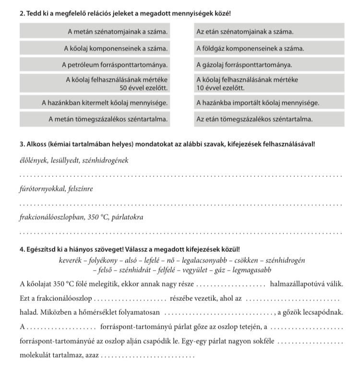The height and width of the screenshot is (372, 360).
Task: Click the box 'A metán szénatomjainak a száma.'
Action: pos(96,32)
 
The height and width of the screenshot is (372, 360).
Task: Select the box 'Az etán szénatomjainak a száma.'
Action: pos(269,32)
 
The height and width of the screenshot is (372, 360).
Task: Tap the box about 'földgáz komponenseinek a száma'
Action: pos(269,49)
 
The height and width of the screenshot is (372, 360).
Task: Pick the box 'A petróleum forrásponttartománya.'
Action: pos(96,64)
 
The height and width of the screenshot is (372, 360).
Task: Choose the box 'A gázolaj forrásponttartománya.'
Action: pos(269,64)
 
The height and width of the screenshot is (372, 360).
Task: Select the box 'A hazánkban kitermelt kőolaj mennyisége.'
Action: pos(96,102)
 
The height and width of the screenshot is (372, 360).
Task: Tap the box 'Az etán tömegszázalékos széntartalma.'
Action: pos(269,118)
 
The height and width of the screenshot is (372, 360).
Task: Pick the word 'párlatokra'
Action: pos(127,217)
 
